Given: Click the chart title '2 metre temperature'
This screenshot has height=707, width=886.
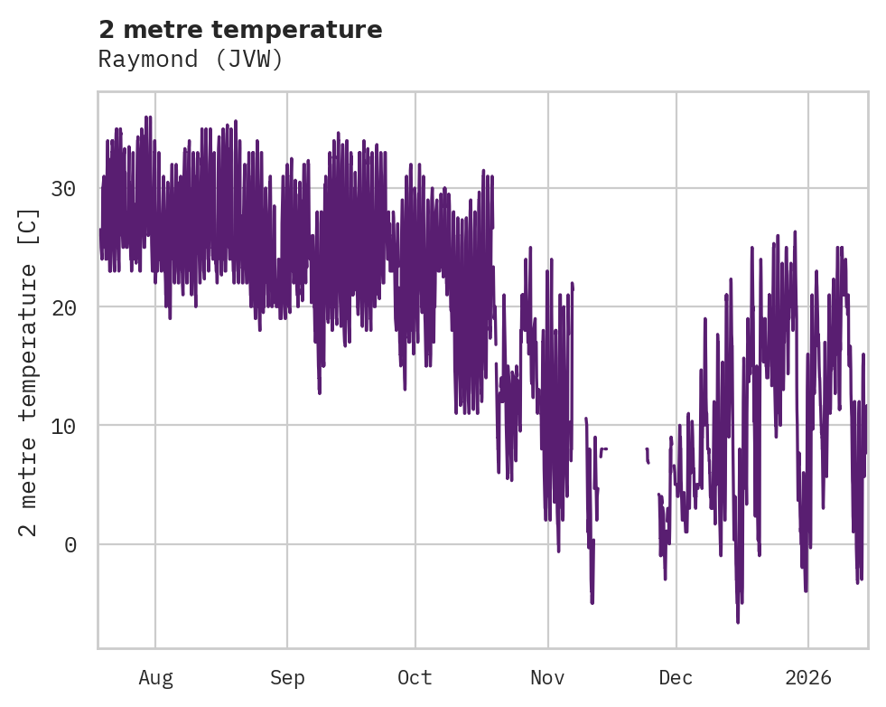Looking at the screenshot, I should [240, 30].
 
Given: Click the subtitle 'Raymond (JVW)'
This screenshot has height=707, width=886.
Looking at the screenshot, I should [191, 60].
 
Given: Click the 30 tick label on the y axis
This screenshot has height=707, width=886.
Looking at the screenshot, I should [63, 189].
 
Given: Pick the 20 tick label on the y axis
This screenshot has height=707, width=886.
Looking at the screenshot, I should [63, 307].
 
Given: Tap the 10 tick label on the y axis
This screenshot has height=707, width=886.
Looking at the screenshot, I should [63, 426].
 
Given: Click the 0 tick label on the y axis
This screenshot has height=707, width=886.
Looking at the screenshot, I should [70, 544].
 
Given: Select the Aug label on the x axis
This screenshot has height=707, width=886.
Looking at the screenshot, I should [155, 678].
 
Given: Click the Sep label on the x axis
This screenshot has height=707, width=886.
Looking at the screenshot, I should [287, 678].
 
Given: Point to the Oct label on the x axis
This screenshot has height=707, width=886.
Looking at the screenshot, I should [415, 678].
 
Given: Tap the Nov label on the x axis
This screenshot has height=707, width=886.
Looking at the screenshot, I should [547, 678].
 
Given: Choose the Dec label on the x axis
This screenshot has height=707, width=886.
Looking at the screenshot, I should [676, 678].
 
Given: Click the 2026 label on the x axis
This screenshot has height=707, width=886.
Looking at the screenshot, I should [808, 678].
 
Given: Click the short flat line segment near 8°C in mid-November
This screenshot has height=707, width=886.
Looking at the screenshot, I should [603, 448].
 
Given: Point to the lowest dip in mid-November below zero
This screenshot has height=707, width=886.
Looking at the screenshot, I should [592, 602].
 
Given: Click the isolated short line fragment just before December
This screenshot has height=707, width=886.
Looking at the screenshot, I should [648, 455].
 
